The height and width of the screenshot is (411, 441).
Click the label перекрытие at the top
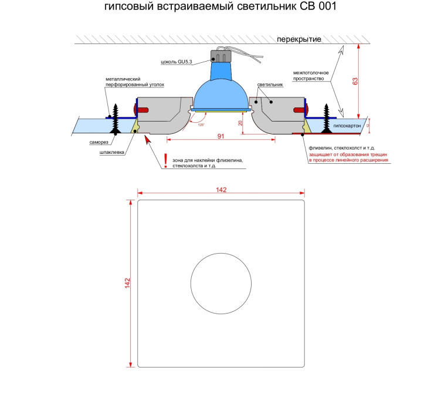[299, 39]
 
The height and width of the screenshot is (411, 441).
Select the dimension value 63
[355, 82]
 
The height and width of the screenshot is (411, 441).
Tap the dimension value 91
[220, 136]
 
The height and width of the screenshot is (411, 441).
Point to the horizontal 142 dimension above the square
[221, 190]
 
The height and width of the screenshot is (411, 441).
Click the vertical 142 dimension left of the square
[127, 283]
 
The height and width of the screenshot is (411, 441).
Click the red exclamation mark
[165, 160]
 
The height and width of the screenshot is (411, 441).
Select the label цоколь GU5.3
[177, 62]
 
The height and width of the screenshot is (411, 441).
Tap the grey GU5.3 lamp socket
[220, 56]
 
